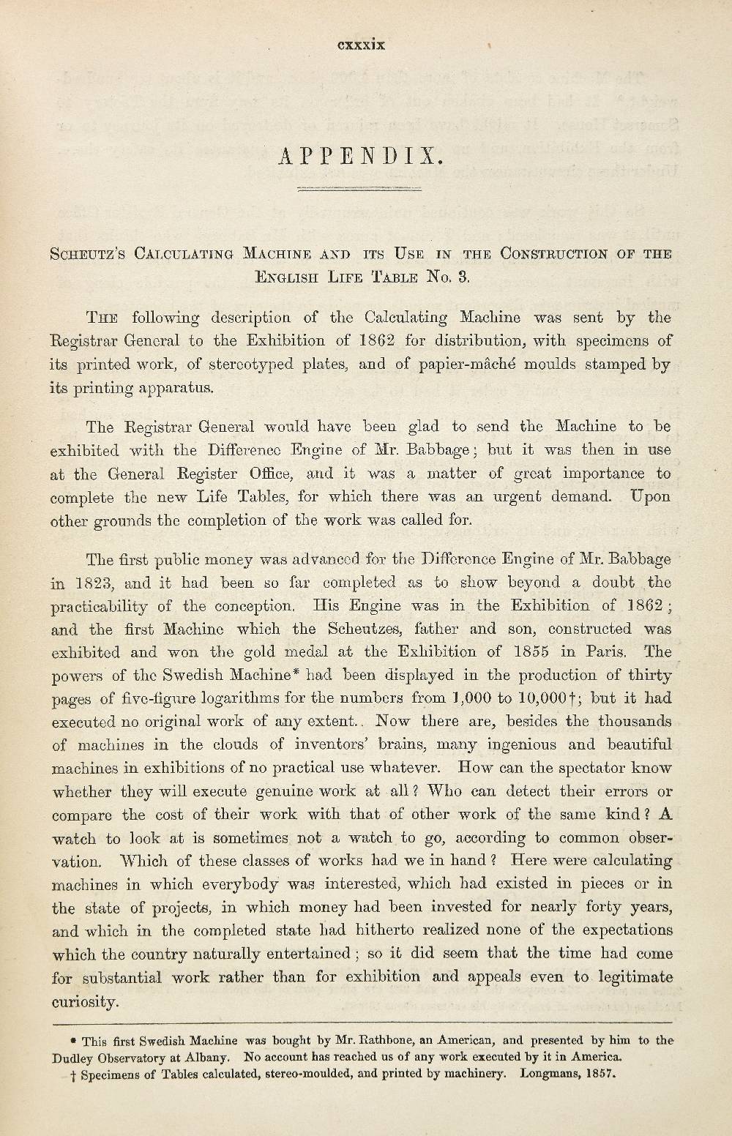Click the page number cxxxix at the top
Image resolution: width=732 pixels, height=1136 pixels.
(361, 45)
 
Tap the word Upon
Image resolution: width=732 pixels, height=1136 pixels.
(650, 496)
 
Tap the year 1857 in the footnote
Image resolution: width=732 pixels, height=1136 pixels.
(601, 1075)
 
